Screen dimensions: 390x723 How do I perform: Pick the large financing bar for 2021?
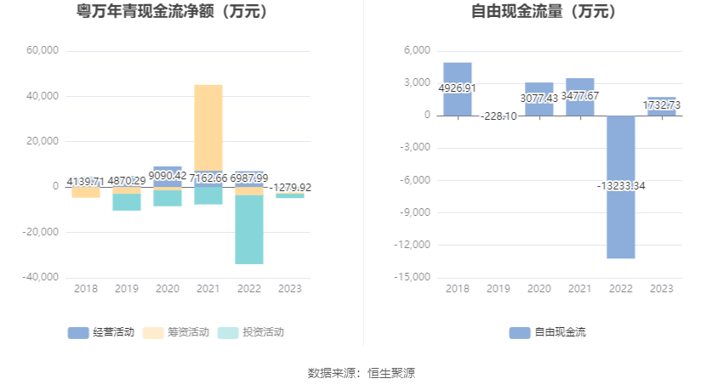pos(208,127)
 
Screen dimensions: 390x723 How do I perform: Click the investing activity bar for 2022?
pos(249,229)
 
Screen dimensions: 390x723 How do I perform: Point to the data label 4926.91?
pos(458,88)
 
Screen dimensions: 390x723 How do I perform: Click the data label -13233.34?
pos(621,186)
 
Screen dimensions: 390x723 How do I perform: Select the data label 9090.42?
pos(168,177)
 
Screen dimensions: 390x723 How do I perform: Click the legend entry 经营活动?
pos(102,332)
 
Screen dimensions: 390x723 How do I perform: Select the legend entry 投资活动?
pos(252,332)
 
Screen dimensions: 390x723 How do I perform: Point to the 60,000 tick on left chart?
pos(43,51)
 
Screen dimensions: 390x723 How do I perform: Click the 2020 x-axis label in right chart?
pos(539,289)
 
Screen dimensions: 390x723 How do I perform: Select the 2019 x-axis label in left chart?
pos(127,289)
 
